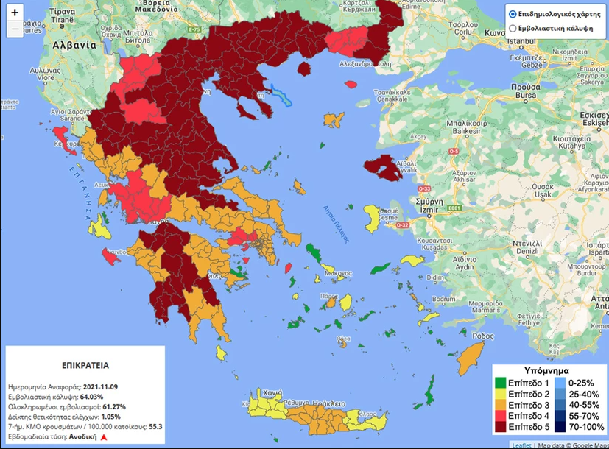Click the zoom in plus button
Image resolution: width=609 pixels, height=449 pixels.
click(15, 13)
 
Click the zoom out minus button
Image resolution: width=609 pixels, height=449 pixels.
click(15, 29)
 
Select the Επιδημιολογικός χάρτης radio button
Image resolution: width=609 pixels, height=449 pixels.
click(513, 14)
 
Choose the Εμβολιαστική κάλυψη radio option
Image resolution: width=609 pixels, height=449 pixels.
click(513, 29)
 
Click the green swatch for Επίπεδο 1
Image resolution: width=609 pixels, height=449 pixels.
click(501, 383)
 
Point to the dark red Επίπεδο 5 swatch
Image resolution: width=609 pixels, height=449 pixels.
click(501, 426)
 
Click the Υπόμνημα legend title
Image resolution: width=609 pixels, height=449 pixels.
click(549, 370)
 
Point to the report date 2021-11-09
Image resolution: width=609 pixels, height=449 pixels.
click(105, 386)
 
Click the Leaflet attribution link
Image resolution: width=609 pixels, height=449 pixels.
click(522, 445)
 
